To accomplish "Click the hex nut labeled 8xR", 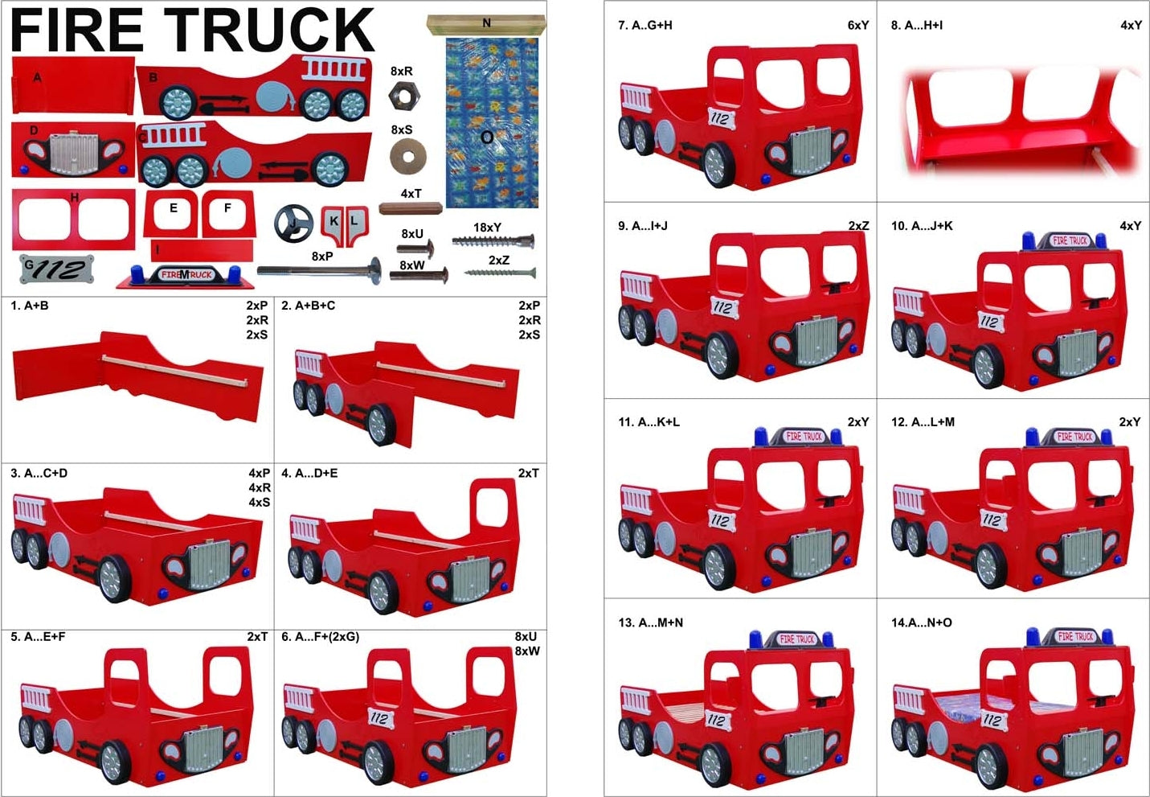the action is pos(404,96).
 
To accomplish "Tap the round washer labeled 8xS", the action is pos(407,156).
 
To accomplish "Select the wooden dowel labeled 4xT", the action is pos(410,208).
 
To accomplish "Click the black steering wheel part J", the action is pos(293,223).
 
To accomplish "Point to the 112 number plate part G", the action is pos(56,269).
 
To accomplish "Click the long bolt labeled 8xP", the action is pos(319,270).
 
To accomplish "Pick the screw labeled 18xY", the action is pos(493,240).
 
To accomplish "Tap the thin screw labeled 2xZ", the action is pos(500,273).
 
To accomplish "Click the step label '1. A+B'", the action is pos(30,306).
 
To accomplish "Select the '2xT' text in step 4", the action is pos(528,473).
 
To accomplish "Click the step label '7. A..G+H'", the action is pos(645,25).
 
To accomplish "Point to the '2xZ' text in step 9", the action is pos(858,225).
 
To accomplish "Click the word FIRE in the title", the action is pos(76,30).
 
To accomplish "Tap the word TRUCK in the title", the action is pos(269,30).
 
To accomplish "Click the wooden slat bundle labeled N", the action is pos(485,25).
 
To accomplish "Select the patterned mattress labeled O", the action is pos(492,122).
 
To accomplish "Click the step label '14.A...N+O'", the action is pos(922,622).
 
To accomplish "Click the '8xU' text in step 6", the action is pos(526,636).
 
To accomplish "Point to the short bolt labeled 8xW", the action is pos(419,275).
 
